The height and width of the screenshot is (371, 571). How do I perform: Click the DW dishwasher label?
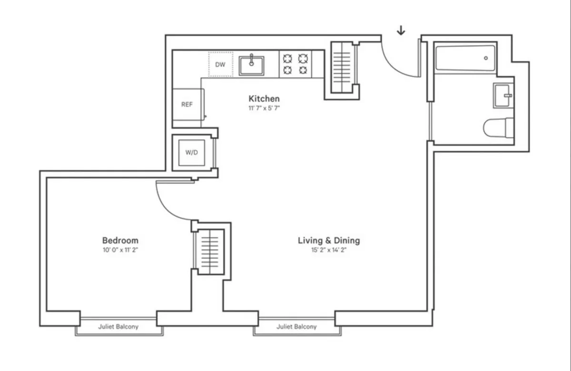(220, 65)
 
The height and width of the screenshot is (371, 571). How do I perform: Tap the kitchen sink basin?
(252, 65)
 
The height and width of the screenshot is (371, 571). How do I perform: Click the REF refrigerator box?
(187, 105)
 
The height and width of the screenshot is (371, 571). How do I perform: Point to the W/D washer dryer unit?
(192, 153)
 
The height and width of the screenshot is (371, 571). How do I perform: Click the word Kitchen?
(264, 99)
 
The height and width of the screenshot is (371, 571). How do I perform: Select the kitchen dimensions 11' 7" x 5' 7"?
(264, 108)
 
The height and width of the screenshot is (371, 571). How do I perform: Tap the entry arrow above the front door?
(401, 30)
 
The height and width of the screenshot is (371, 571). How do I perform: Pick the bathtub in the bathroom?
(465, 58)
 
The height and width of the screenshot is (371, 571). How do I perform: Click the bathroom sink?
(503, 95)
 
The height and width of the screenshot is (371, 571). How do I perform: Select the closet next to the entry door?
(342, 69)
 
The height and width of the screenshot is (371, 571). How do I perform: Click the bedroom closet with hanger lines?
(210, 252)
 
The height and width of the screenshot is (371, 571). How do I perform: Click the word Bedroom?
(120, 240)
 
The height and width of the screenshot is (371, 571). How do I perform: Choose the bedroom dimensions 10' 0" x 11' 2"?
(120, 250)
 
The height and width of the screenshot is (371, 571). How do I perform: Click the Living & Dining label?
(329, 240)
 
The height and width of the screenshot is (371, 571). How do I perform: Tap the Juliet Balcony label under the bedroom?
(118, 327)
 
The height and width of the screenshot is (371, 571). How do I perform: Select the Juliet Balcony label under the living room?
(296, 327)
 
